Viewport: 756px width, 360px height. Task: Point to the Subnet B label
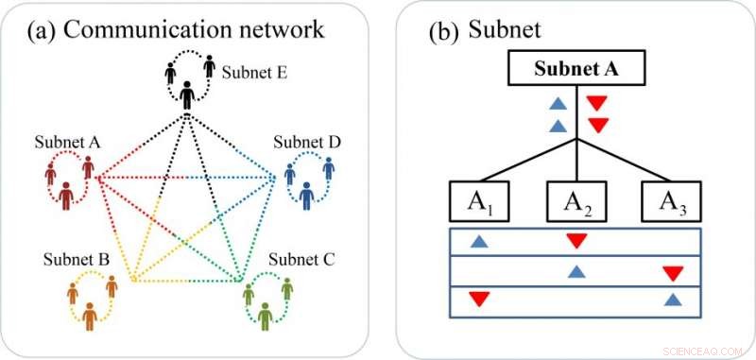click(77, 257)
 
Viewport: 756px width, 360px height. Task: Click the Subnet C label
click(306, 257)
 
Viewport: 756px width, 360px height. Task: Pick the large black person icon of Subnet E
click(187, 94)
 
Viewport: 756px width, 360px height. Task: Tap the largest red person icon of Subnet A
click(66, 196)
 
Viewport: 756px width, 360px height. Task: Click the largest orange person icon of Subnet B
click(90, 315)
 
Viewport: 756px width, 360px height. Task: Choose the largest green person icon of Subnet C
click(266, 315)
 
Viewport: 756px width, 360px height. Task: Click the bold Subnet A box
click(576, 67)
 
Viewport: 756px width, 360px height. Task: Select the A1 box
click(478, 200)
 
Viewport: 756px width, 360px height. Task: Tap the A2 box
click(576, 200)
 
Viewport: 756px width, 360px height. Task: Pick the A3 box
click(674, 200)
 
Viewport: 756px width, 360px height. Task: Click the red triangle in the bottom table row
click(479, 300)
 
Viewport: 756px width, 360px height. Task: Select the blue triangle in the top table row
click(479, 242)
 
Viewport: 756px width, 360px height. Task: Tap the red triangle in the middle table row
click(673, 273)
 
